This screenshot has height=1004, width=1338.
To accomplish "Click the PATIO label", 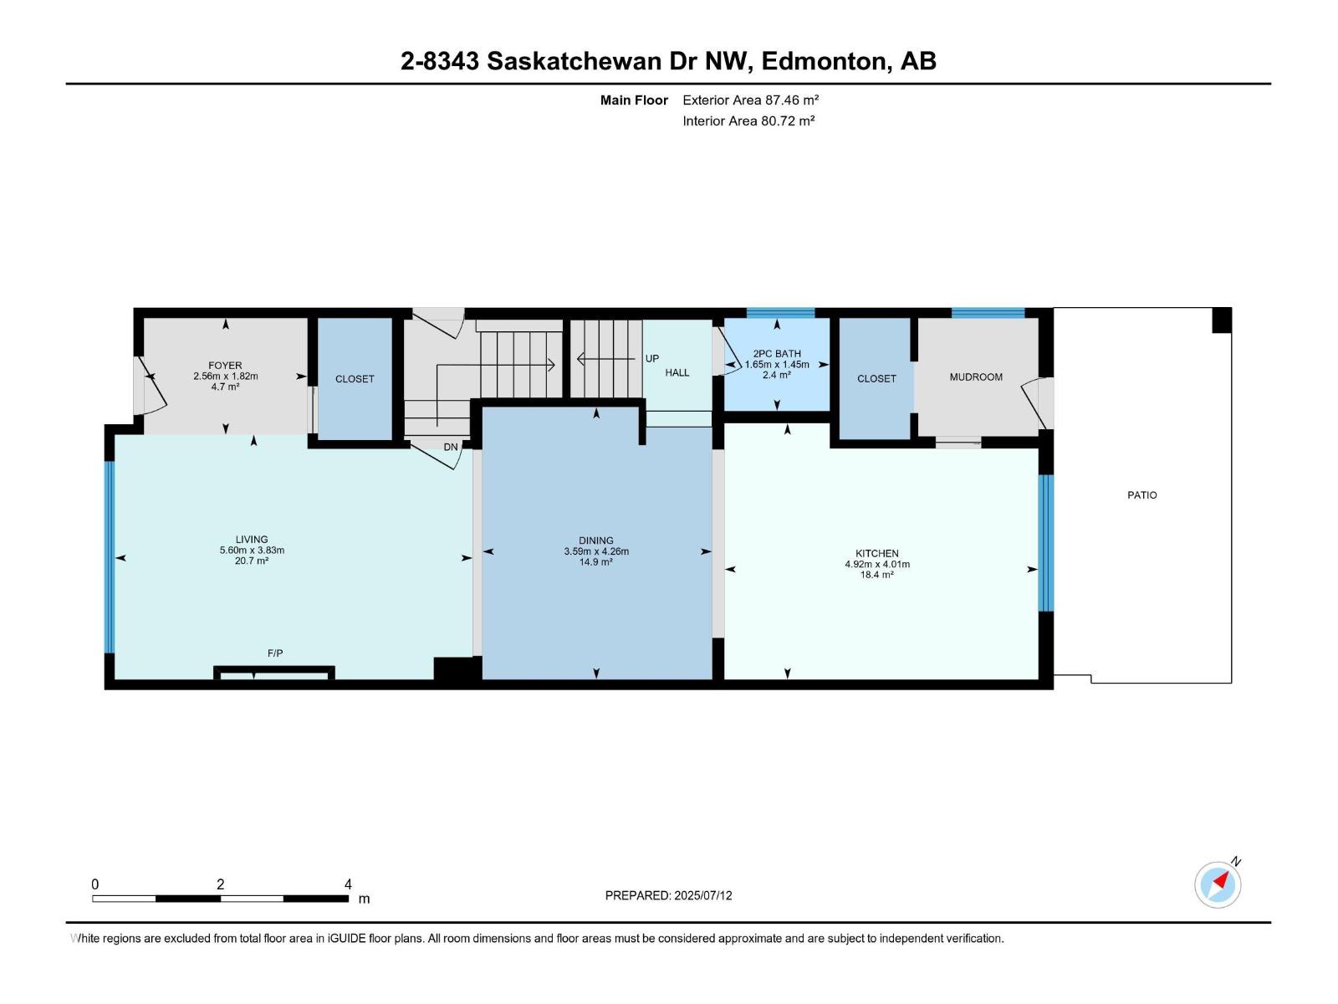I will tap(1141, 495).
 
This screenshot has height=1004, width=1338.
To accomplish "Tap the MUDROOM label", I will tap(975, 377).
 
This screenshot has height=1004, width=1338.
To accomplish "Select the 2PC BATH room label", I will tap(776, 354).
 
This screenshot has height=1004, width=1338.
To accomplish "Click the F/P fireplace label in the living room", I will tap(275, 653).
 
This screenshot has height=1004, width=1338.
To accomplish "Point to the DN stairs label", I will tap(451, 448).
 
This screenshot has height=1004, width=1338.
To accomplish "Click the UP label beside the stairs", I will tap(652, 359).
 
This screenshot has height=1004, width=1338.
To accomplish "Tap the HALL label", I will tap(677, 373).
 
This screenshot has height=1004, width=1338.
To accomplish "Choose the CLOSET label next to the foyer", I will tap(355, 379).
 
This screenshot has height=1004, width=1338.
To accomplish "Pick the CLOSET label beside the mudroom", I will tap(876, 379).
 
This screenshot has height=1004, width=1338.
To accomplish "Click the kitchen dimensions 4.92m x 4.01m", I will tap(876, 565).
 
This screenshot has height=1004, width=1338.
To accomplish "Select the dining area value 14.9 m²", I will tap(595, 562).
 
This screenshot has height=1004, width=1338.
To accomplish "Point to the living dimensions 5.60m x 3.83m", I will tap(252, 551).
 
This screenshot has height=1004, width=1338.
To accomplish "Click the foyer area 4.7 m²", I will tap(225, 387).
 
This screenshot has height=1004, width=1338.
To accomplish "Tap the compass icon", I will tap(1218, 884).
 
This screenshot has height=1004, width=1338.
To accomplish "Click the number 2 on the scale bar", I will tap(220, 884).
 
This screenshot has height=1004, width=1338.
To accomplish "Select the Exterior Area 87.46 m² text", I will tap(750, 100).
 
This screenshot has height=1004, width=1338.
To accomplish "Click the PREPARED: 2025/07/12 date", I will tap(668, 895).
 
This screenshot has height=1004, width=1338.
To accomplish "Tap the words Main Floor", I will tap(634, 100).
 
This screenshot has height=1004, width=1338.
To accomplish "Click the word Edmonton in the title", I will tap(824, 61).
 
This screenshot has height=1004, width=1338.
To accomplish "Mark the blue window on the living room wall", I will tap(109, 556).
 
